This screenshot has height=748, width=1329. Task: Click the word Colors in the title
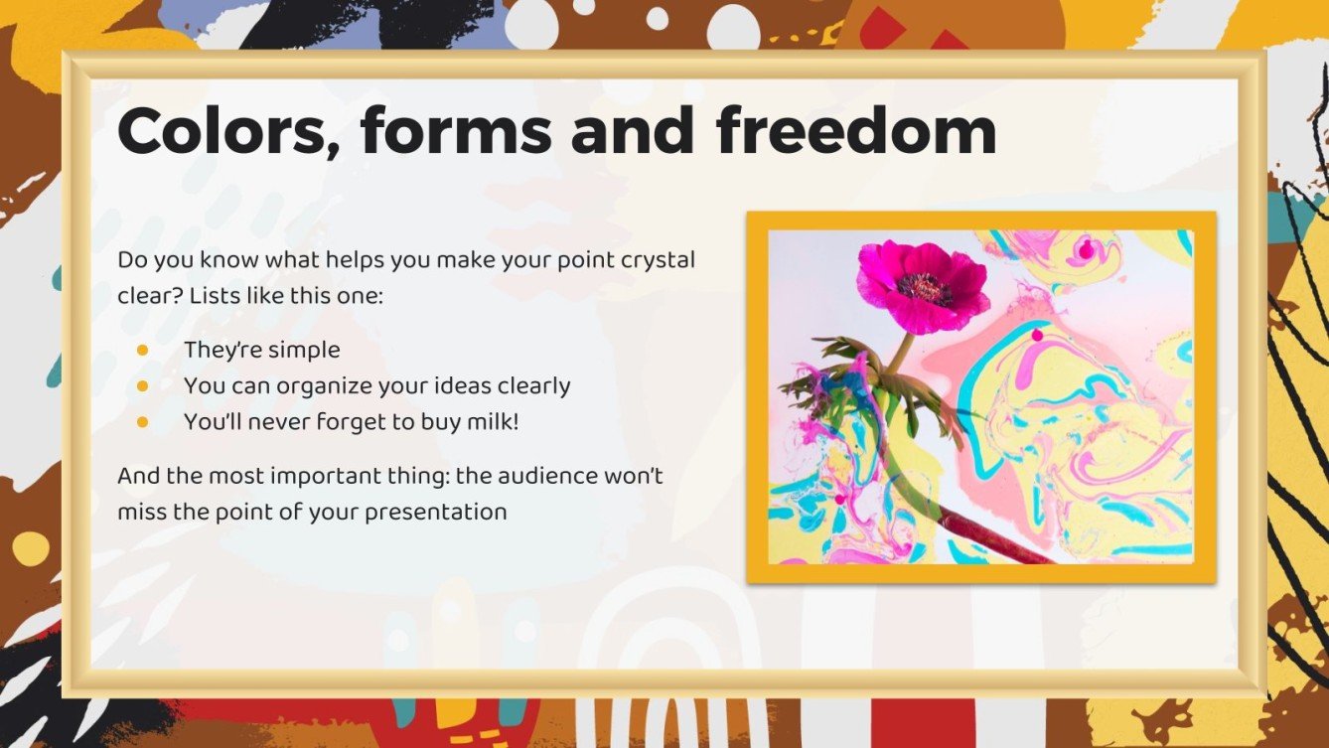click(x=226, y=131)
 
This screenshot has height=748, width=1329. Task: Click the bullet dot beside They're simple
click(x=142, y=350)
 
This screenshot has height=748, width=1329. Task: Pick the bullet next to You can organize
click(x=142, y=385)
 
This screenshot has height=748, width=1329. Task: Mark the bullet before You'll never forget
click(x=142, y=421)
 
